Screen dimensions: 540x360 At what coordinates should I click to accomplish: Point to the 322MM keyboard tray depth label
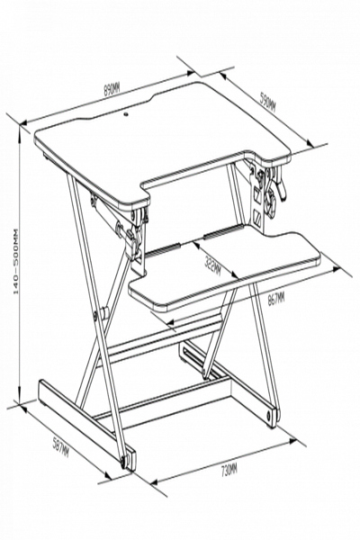click(213, 265)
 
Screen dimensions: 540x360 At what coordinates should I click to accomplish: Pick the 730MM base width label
click(228, 468)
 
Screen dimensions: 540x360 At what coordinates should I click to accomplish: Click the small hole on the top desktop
click(125, 115)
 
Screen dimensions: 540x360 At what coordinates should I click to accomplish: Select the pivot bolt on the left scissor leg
click(102, 314)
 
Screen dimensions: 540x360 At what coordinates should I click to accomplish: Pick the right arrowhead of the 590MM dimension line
click(315, 146)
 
